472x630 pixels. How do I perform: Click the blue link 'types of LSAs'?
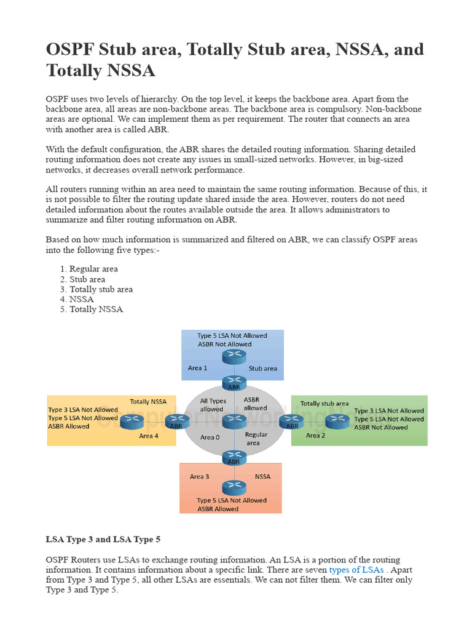coord(356,570)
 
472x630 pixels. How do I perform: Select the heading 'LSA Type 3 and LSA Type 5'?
coord(103,540)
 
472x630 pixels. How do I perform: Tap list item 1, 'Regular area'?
coord(93,269)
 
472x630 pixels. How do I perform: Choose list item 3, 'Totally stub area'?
coord(101,289)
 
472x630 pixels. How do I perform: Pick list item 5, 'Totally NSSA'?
coord(96,309)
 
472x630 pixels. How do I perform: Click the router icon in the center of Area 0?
coord(234,421)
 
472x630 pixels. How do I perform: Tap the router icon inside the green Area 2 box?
coord(337,421)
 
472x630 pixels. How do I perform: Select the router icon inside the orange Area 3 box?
coord(234,487)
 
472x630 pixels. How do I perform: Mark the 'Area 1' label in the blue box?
coord(198,369)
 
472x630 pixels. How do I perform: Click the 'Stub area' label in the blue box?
coord(262,369)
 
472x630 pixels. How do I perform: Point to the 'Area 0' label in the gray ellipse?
coord(210,437)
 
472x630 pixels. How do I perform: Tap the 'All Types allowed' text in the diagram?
coord(212,404)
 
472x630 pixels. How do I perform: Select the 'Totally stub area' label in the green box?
coord(324,404)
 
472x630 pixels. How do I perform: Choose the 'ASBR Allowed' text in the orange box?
coord(218,509)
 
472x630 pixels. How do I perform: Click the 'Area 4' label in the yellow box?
coord(149,436)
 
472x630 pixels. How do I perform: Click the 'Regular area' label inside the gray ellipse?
coord(256,439)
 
